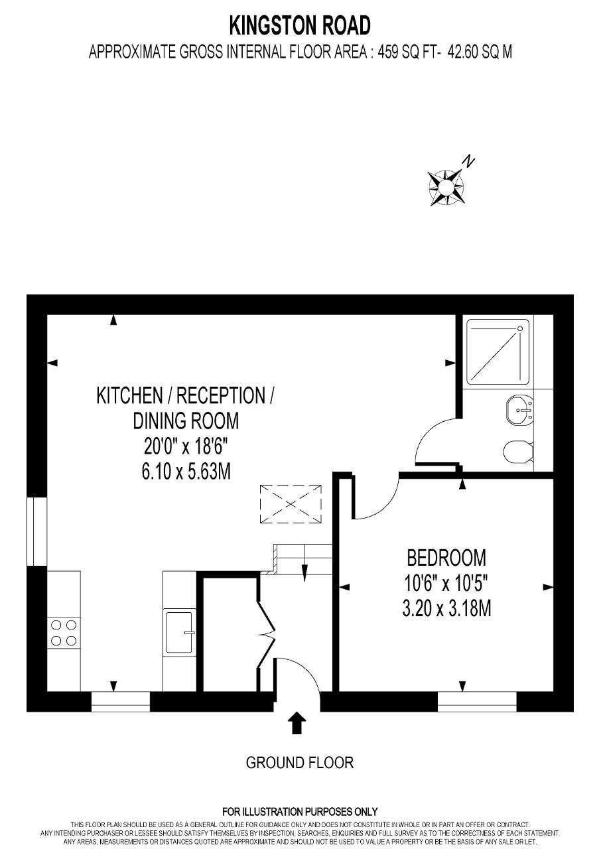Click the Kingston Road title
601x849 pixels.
pyautogui.click(x=300, y=26)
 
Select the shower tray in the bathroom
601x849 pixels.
pyautogui.click(x=498, y=352)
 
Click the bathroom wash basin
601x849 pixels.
pyautogui.click(x=519, y=410)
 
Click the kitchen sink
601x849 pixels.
pyautogui.click(x=179, y=632)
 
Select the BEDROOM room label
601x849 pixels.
pyautogui.click(x=446, y=558)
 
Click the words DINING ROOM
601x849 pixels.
pyautogui.click(x=186, y=421)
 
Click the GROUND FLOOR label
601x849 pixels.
pyautogui.click(x=299, y=763)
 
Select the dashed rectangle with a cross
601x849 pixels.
pyautogui.click(x=291, y=503)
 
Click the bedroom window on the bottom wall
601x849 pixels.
pyautogui.click(x=477, y=702)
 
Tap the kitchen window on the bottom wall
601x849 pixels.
pyautogui.click(x=121, y=702)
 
